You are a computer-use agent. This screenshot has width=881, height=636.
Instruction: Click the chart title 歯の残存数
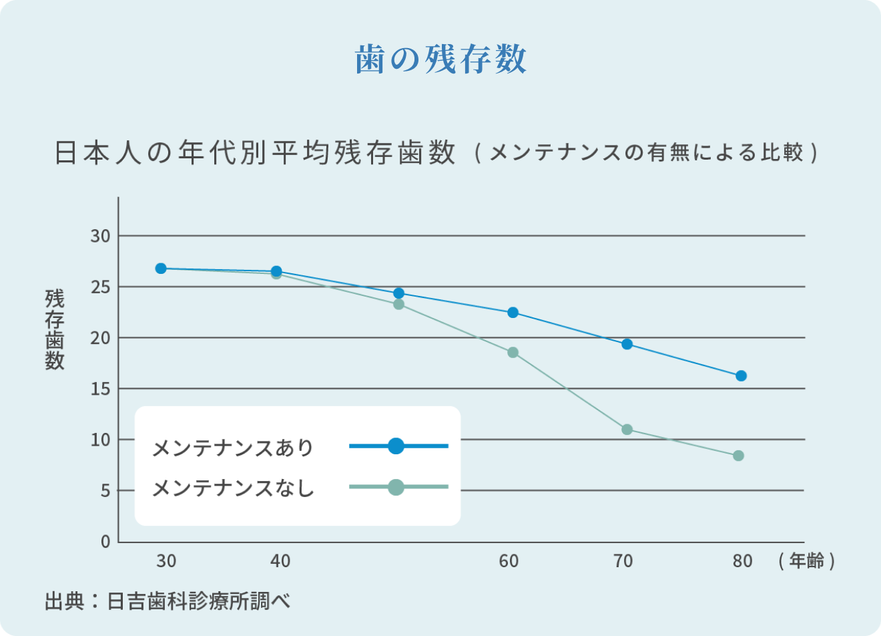click(x=441, y=59)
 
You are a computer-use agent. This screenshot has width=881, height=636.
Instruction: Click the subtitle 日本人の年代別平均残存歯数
click(x=255, y=153)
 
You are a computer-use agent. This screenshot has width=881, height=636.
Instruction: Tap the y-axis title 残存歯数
click(x=55, y=329)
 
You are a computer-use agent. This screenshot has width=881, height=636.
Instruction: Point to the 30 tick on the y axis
click(x=101, y=236)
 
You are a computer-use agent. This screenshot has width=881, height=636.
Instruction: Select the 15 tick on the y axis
click(x=101, y=389)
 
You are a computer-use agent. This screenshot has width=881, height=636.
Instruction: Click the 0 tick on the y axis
click(x=105, y=542)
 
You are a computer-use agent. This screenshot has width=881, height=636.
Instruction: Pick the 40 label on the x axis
click(x=280, y=561)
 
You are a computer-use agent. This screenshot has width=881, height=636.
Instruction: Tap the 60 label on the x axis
click(x=509, y=561)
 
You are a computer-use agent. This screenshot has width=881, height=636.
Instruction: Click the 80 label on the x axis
click(x=742, y=561)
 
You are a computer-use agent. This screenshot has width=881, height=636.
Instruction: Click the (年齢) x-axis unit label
click(x=806, y=561)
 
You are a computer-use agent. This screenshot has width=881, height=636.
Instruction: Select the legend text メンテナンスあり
click(x=233, y=448)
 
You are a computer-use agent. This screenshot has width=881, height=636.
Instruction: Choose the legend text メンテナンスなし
click(x=233, y=488)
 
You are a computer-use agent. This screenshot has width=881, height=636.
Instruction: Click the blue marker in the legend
click(x=396, y=446)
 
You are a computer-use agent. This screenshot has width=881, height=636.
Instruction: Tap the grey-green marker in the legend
click(x=396, y=487)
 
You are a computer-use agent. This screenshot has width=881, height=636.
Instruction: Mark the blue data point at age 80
click(x=741, y=376)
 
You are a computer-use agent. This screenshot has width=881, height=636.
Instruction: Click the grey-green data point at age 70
click(x=627, y=430)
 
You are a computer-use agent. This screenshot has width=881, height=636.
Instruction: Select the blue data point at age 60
click(x=513, y=313)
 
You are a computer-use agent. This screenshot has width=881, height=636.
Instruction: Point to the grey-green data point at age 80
click(x=738, y=456)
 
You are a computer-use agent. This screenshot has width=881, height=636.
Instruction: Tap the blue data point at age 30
click(x=161, y=269)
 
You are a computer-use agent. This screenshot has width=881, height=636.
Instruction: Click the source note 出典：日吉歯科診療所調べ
click(x=168, y=601)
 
